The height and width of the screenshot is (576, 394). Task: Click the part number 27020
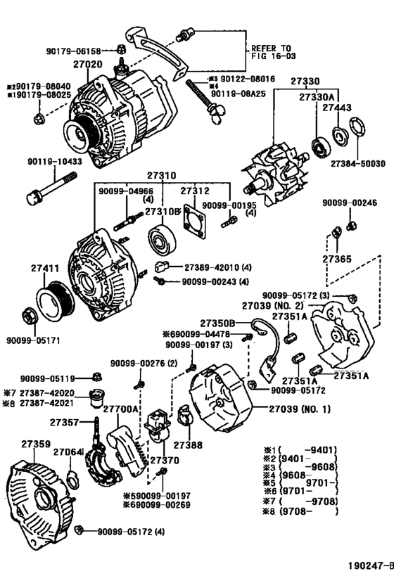coord(89,64)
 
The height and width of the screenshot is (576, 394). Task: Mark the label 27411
coord(44,268)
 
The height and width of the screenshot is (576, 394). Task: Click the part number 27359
coord(35,444)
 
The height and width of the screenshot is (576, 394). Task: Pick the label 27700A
coord(122,408)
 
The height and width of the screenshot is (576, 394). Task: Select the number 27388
coord(188,444)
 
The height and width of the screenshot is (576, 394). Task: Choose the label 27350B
coord(217,322)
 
